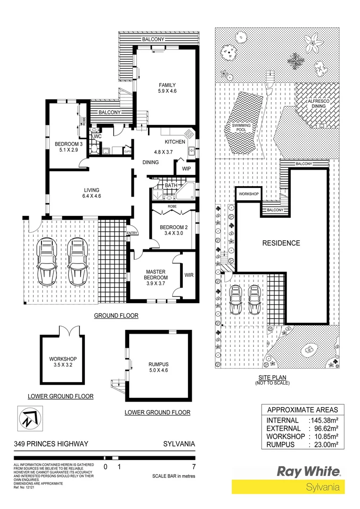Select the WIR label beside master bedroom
(189, 274)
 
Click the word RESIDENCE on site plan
(281, 243)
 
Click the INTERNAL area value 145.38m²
(325, 420)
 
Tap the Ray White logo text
(308, 471)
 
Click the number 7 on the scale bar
(194, 468)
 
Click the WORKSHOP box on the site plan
(248, 194)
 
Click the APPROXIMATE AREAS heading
(303, 409)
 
